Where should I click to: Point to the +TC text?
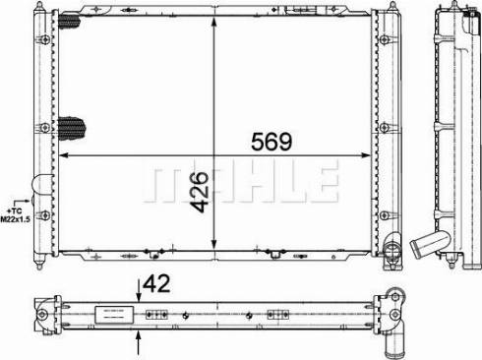point(13,210)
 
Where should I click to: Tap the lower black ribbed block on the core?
point(73,128)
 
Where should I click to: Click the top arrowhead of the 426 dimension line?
point(213,20)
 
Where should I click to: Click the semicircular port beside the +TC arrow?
point(39,188)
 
